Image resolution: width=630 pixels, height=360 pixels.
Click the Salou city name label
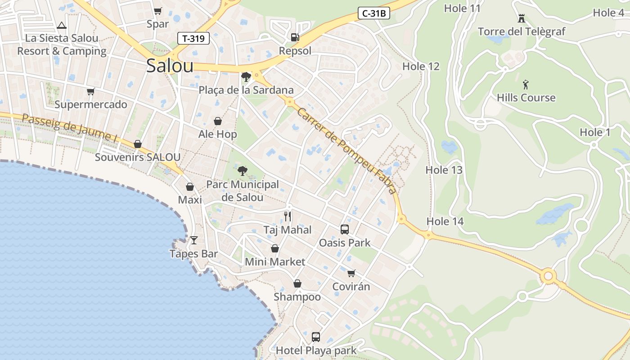coord(170,66)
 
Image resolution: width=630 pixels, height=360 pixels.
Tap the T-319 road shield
coord(193,38)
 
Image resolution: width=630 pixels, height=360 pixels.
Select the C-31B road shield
coord(374,13)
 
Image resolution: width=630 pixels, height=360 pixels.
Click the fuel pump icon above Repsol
coord(295,37)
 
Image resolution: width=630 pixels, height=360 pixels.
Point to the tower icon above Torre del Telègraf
coord(522,18)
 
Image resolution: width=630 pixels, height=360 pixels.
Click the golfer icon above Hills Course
coord(526,85)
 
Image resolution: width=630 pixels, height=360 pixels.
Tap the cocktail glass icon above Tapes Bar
coord(194,240)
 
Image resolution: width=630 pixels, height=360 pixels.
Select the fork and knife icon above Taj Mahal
coord(288,216)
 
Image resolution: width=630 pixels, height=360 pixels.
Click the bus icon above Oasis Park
coord(345,229)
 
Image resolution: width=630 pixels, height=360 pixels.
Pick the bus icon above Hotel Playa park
coord(316,337)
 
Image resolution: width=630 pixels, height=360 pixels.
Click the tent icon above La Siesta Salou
coord(62,25)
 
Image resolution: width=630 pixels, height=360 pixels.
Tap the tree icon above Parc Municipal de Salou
coord(242,171)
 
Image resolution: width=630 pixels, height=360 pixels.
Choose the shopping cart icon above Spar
coord(157,11)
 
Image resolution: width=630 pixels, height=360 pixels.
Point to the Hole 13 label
coord(444,170)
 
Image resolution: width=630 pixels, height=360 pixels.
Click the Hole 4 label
coord(608,13)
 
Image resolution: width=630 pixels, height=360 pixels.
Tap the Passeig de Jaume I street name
coord(69,128)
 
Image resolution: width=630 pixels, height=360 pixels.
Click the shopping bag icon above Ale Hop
coord(218,121)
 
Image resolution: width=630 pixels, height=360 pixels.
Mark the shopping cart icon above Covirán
coord(351,273)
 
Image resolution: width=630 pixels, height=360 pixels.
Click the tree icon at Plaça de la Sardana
coord(246,77)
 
